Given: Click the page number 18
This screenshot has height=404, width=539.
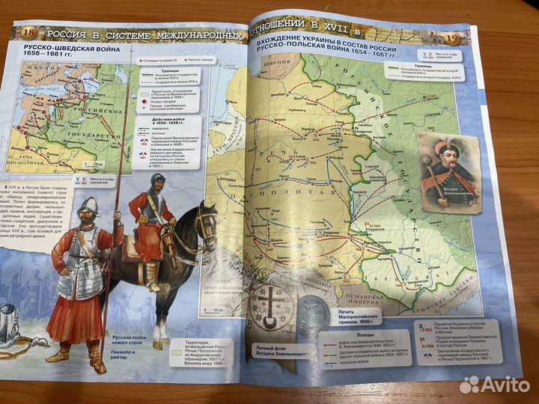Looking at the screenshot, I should tap(29, 32).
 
